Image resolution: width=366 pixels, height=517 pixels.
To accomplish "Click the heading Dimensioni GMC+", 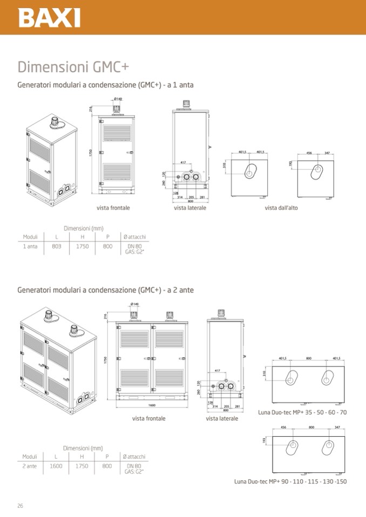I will coord(73,67).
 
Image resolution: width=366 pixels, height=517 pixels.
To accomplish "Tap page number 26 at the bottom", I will coord(20,505).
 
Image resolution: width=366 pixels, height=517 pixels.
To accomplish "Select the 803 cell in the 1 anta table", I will coord(57,246).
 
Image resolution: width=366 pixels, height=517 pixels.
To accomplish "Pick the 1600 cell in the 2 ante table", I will coord(56,466).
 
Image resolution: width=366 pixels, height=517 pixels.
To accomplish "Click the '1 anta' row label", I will coord(30,246).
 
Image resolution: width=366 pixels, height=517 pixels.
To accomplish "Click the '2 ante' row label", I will coord(30,466).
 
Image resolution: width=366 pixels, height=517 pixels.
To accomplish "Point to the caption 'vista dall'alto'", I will coord(281,208).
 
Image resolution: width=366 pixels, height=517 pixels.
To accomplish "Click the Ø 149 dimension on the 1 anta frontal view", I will coord(118,99).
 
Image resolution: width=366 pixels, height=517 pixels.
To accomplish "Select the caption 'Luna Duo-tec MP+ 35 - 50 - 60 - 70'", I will coord(303,412).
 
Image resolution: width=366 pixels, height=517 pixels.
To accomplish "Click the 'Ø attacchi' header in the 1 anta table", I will coord(134,237).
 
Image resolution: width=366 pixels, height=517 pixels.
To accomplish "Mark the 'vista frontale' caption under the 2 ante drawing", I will coord(148,418).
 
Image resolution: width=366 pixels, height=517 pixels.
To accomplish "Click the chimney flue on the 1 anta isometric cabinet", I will coord(55,122).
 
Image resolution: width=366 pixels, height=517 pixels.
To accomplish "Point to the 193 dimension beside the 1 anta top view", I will coord(290,163).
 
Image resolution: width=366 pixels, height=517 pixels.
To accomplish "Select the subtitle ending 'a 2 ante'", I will coord(106,290).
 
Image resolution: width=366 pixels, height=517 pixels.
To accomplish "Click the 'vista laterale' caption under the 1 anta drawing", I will coord(190,208).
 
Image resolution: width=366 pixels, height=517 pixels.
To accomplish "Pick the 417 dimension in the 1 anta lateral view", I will coord(184,162).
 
